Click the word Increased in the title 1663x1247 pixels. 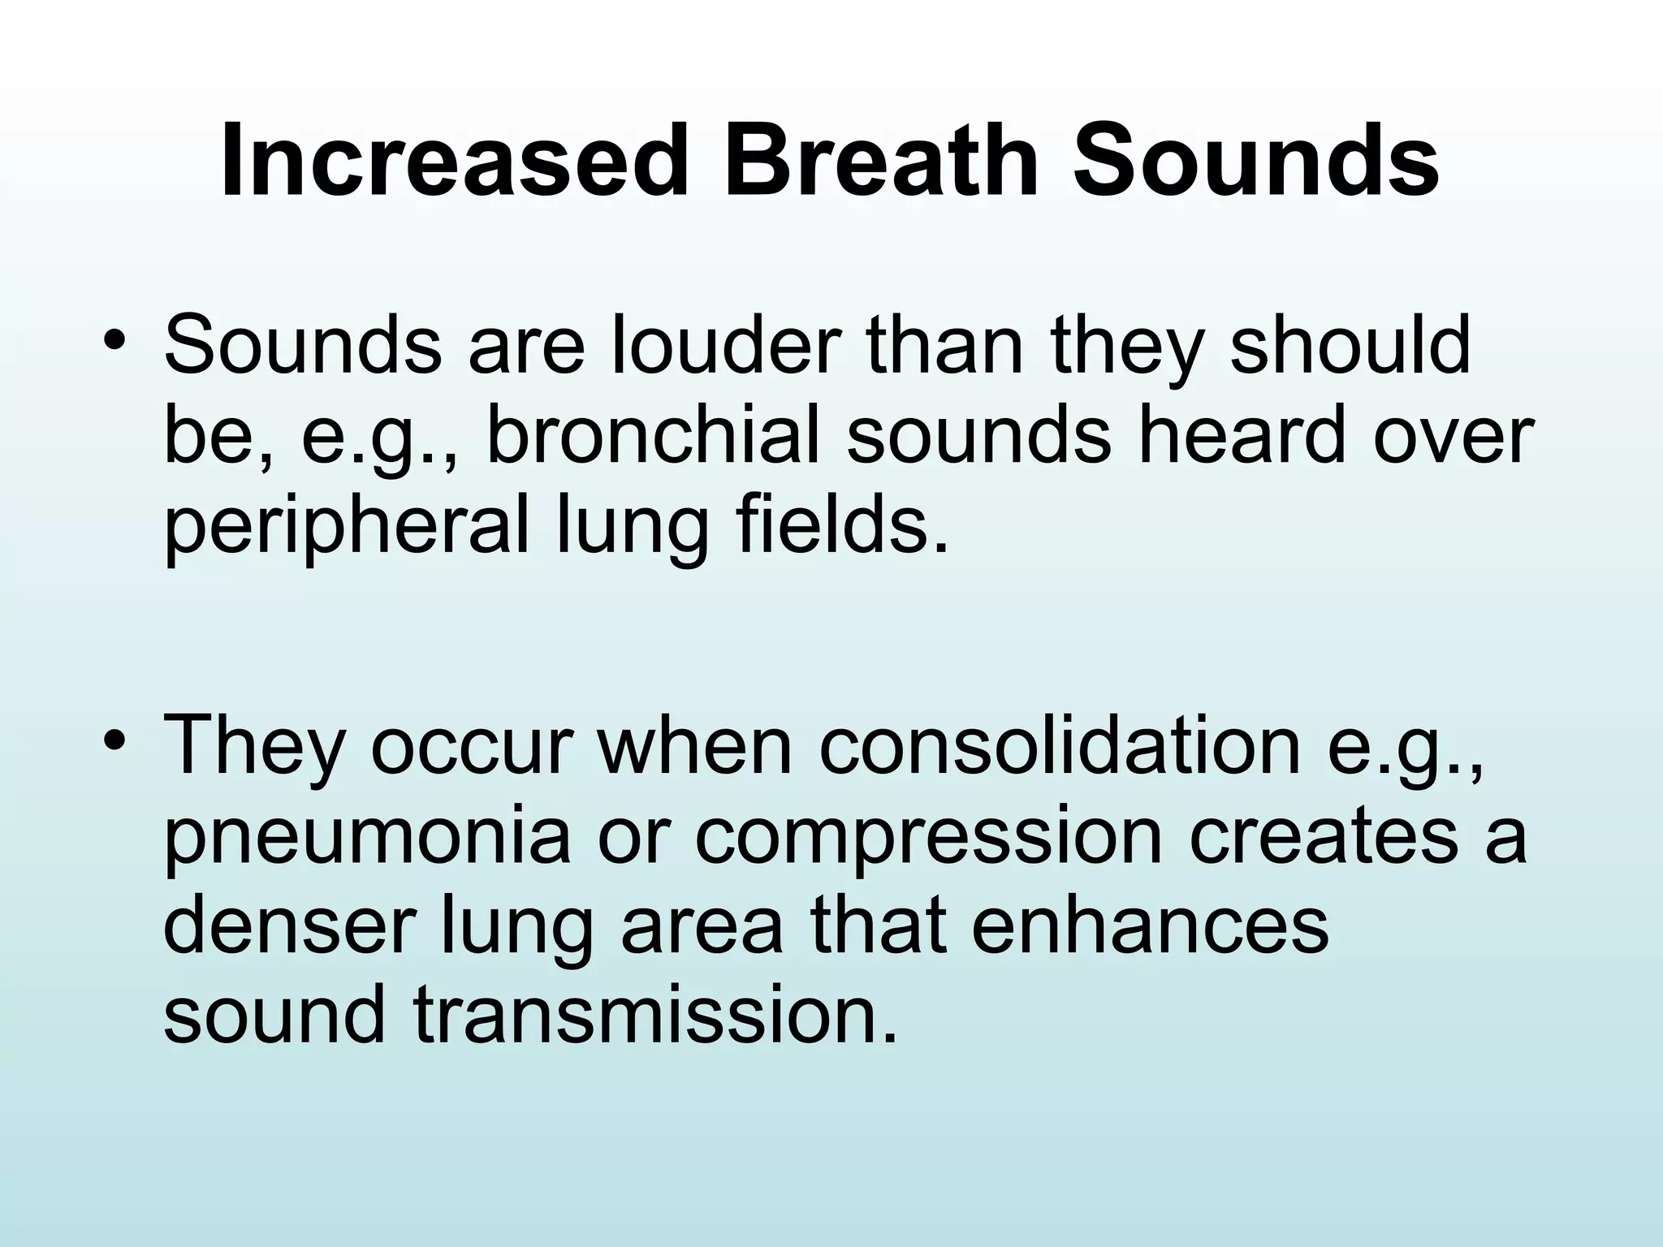coord(447,161)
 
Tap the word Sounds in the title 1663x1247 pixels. coord(1255,161)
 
